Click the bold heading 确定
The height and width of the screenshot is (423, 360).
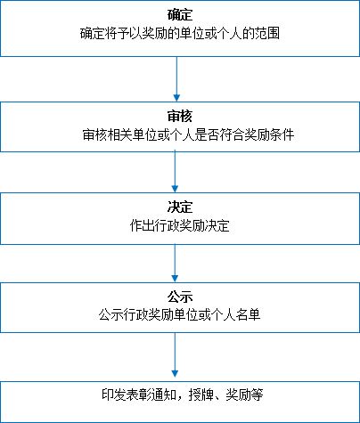tap(180, 15)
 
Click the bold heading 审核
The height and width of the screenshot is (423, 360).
tap(180, 116)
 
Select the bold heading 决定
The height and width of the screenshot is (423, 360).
tap(180, 207)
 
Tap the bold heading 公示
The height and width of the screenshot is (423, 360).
tap(180, 297)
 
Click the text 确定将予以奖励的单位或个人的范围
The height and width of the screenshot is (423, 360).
tap(180, 34)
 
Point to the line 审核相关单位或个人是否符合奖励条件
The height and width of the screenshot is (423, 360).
tap(188, 134)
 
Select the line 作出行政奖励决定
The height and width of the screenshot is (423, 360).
tap(180, 225)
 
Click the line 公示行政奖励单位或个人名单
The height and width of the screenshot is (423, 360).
tap(180, 315)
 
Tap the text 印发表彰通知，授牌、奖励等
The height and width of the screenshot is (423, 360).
tap(183, 395)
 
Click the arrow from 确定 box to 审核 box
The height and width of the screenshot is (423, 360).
tap(176, 79)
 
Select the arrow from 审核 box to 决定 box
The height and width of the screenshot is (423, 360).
tap(175, 172)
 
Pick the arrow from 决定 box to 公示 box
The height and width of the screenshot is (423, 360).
tap(175, 264)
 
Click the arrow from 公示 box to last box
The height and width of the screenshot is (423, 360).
tap(175, 355)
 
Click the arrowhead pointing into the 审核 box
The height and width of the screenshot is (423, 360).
tap(176, 98)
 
